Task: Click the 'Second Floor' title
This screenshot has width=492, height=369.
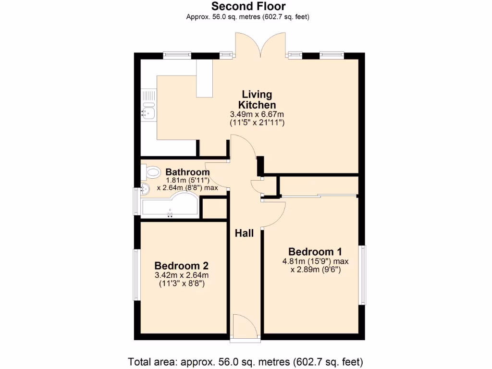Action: (x=248, y=6)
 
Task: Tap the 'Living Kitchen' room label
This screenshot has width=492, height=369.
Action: (x=257, y=99)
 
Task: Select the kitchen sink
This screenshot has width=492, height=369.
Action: (x=148, y=113)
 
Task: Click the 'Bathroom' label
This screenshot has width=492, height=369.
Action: (x=187, y=172)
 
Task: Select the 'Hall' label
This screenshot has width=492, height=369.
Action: (x=244, y=234)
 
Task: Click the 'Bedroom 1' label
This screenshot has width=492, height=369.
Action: (x=315, y=252)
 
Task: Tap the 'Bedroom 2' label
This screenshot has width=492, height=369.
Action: (x=181, y=266)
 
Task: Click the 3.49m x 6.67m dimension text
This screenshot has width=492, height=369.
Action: (x=258, y=115)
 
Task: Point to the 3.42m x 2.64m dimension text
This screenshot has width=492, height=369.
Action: (x=181, y=275)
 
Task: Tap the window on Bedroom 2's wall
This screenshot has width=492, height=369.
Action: (x=136, y=275)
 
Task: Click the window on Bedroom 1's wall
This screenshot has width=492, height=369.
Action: (x=364, y=275)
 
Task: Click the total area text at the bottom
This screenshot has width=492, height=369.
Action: (x=245, y=361)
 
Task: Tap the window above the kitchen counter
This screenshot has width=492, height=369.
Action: (x=177, y=55)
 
